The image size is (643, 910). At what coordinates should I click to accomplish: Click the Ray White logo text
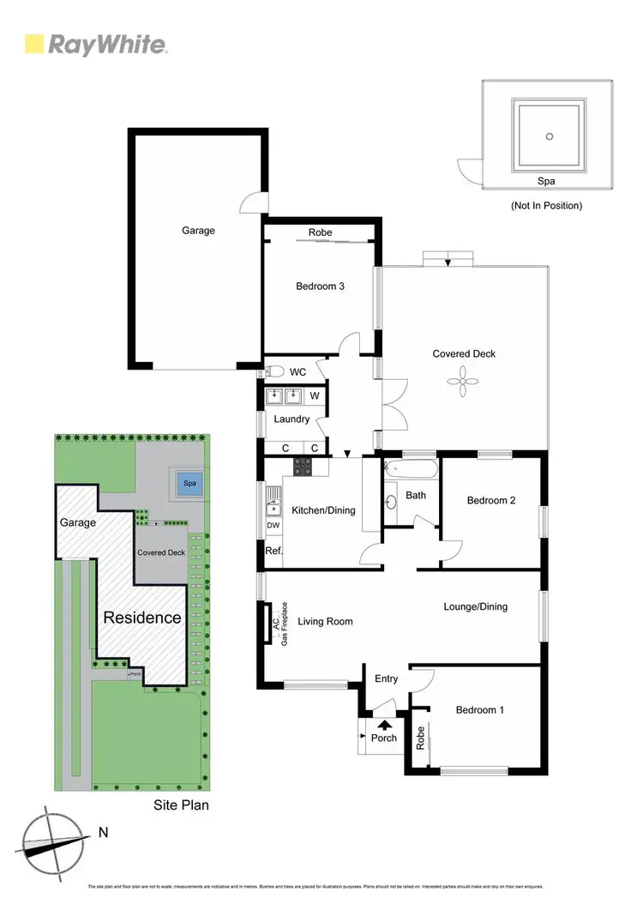click(107, 45)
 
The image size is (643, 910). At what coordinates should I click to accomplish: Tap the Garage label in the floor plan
click(198, 230)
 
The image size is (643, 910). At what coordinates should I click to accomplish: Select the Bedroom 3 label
click(320, 286)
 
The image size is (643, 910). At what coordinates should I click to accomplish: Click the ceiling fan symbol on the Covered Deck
click(464, 382)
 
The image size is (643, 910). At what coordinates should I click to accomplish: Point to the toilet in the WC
click(273, 372)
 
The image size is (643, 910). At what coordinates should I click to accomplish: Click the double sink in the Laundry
click(284, 396)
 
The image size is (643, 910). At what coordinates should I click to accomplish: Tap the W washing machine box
click(315, 396)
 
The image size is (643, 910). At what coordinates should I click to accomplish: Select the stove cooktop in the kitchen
click(303, 467)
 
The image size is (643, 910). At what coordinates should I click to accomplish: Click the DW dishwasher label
click(273, 525)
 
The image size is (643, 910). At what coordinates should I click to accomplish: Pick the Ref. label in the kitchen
click(273, 551)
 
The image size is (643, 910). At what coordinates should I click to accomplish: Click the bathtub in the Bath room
click(412, 470)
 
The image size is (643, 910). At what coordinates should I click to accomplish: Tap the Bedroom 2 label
click(490, 500)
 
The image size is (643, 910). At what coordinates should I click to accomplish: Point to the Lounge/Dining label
click(475, 606)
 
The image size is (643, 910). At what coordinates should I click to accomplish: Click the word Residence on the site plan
click(142, 618)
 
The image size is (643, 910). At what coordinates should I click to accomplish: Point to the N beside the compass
click(103, 831)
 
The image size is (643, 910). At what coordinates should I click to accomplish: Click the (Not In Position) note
click(546, 206)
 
